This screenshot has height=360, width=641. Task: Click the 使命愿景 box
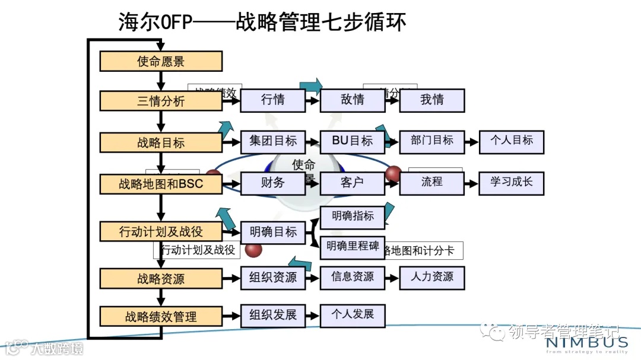point(161,61)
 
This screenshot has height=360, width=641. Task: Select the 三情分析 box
point(161,101)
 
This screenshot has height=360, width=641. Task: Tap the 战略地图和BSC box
point(161,184)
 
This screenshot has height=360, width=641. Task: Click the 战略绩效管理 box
point(161,317)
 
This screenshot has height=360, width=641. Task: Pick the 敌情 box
point(353,100)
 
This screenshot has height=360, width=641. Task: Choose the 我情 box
point(432,100)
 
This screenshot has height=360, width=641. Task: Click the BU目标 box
point(353,141)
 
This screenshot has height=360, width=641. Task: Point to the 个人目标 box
point(512,141)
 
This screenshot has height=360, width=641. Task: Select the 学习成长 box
point(512,183)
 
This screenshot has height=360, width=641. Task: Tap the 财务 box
point(273,183)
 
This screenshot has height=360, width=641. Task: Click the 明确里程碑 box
point(353,247)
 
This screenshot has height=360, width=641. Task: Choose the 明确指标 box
point(353,216)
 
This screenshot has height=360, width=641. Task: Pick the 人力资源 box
point(432,277)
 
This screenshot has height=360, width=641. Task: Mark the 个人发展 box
point(353,315)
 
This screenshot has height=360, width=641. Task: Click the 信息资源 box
point(353,277)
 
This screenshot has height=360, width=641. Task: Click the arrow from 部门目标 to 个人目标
point(471,142)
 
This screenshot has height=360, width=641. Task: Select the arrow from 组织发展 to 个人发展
point(313,316)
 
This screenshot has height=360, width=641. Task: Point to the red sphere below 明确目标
point(253,250)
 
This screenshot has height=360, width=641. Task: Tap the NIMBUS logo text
point(586,342)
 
